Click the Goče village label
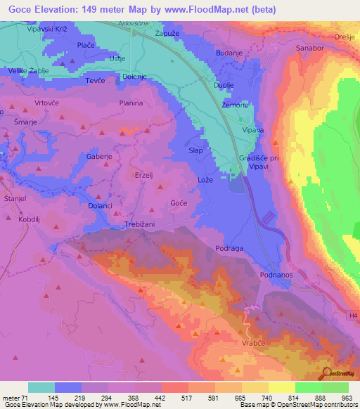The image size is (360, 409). (179, 203)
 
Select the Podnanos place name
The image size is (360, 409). (276, 274)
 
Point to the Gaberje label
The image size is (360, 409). (99, 156)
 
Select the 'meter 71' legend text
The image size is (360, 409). (15, 398)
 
